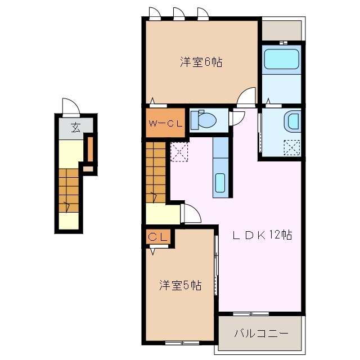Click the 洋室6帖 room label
[x=201, y=62]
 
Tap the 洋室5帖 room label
[x=179, y=286]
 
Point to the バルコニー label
[x=261, y=334]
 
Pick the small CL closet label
[x=158, y=237]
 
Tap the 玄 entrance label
[x=75, y=128]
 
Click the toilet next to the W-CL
[x=203, y=120]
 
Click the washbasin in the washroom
[x=292, y=120]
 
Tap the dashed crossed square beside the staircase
[x=179, y=152]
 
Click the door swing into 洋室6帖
[x=246, y=98]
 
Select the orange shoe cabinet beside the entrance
[x=89, y=148]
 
